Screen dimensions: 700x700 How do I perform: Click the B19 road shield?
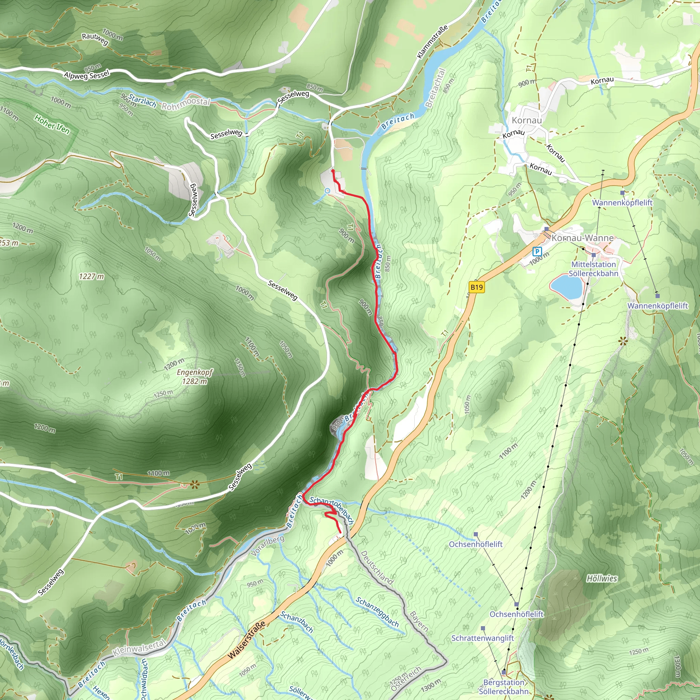tap(476, 287)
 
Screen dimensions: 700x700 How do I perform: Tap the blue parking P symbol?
tap(537, 251)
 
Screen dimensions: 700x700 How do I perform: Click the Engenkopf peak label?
tap(194, 376)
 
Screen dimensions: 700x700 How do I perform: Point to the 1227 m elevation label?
tap(91, 277)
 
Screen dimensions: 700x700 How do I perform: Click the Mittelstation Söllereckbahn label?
tap(593, 269)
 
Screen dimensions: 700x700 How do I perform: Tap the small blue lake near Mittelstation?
tap(567, 286)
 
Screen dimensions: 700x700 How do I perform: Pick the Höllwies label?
tap(602, 578)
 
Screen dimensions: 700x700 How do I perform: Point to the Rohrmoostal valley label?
tap(186, 104)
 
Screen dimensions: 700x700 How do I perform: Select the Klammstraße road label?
tap(432, 42)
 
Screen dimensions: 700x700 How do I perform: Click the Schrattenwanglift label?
tap(482, 638)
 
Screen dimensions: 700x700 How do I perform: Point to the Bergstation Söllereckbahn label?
tap(503, 687)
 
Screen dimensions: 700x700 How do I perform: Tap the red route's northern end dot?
tap(332, 171)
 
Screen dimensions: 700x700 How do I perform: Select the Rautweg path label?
tap(95, 39)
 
